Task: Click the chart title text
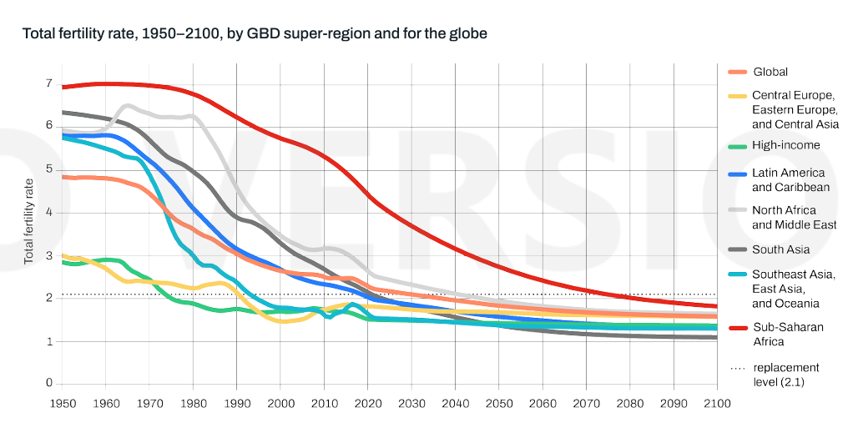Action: coord(255,34)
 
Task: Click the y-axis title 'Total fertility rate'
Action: coord(28,221)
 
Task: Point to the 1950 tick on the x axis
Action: coord(63,403)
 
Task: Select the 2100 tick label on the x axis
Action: coord(717,403)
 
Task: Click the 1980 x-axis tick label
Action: coord(194,403)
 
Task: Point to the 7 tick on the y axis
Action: coord(49,83)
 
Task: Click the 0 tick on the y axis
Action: coord(49,384)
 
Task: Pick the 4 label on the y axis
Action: coord(49,212)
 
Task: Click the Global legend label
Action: coord(770,72)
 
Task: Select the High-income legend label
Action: coord(786,145)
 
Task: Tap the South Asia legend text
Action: coord(780,249)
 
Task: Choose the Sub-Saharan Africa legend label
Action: coord(787,334)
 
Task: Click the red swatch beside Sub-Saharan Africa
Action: coord(737,327)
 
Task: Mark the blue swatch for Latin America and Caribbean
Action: coord(737,174)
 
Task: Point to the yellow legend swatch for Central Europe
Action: coord(737,97)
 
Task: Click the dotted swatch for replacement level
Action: coord(737,368)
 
